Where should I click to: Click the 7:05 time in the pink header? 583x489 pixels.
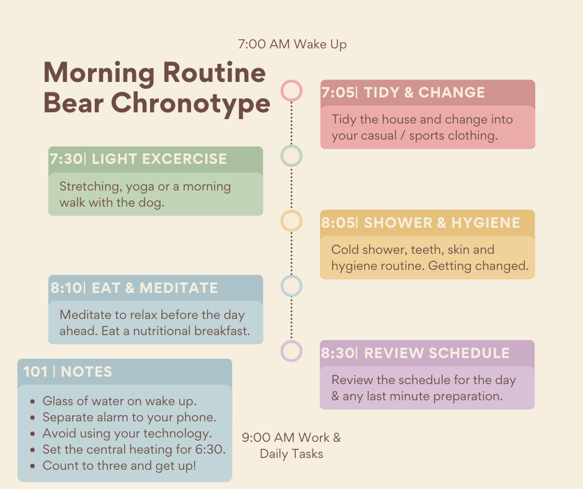coord(338,92)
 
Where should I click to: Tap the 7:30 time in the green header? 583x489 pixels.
coord(66,159)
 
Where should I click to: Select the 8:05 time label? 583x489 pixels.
coord(338,223)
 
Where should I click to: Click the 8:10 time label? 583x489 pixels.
coord(66,288)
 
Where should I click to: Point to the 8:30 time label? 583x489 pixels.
coord(338,353)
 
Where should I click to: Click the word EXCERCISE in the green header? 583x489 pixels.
coord(184,159)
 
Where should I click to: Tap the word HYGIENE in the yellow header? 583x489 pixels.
coord(486,223)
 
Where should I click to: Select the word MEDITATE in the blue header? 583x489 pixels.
coord(179,288)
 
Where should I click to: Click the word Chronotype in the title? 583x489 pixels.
coord(190,104)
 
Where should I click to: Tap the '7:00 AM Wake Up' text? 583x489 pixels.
coord(292,44)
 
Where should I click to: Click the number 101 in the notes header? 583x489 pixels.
coord(35,371)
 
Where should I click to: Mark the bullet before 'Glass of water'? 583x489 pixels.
coord(33,402)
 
